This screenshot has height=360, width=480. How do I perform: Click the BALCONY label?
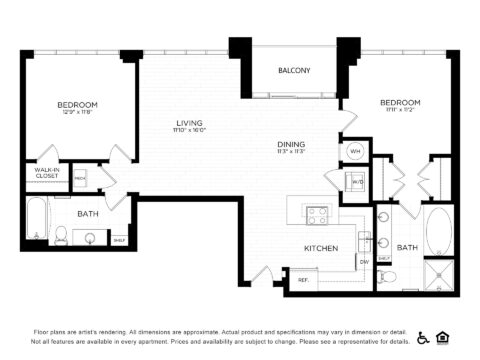pyautogui.click(x=293, y=71)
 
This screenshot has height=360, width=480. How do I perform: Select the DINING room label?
pyautogui.click(x=291, y=145)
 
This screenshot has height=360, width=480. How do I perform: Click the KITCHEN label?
pyautogui.click(x=321, y=248)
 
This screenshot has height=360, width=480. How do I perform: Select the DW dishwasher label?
pyautogui.click(x=364, y=262)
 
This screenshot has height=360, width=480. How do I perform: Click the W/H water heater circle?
pyautogui.click(x=355, y=151)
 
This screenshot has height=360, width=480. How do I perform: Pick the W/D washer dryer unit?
pyautogui.click(x=355, y=182)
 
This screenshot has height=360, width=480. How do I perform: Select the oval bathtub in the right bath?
pyautogui.click(x=439, y=230)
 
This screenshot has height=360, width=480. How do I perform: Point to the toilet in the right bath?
pyautogui.click(x=389, y=276)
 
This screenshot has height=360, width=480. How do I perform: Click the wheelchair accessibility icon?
pyautogui.click(x=424, y=337)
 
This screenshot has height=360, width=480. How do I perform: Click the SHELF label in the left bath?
pyautogui.click(x=119, y=240)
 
